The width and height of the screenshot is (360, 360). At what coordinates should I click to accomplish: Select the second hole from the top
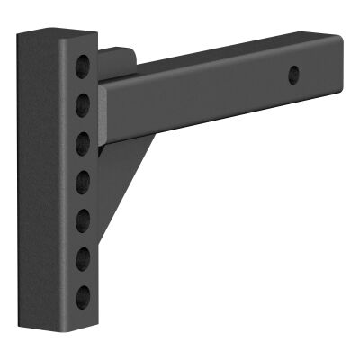[x=83, y=101]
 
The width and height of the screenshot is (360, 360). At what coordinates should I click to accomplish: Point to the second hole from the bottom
[x=83, y=258]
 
